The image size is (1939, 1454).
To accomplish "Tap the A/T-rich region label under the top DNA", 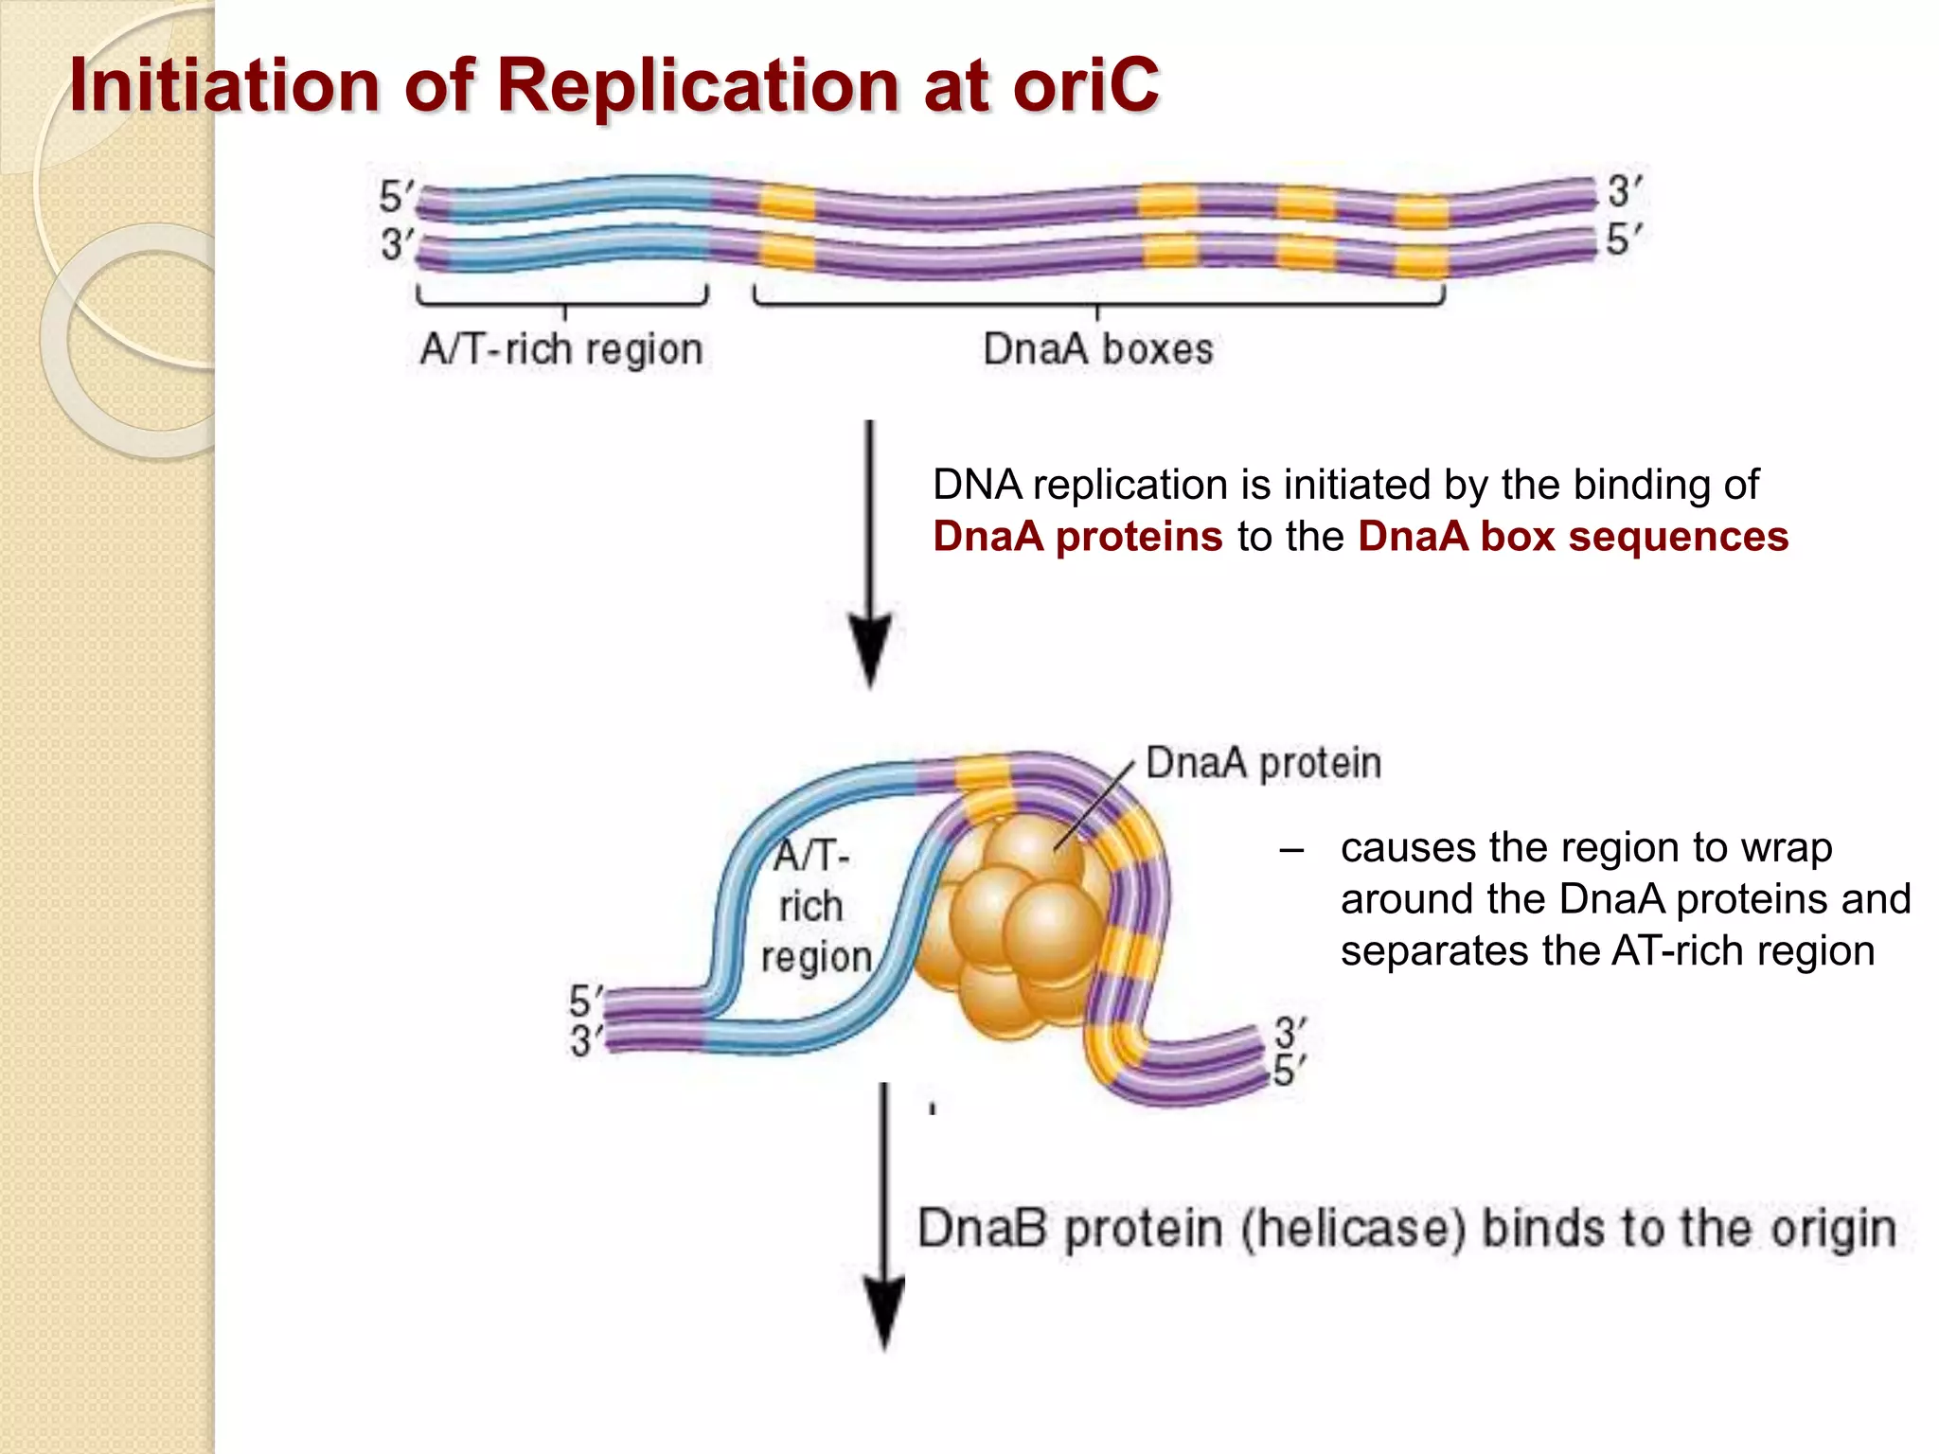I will (561, 349).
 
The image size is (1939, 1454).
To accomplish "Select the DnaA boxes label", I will (1097, 349).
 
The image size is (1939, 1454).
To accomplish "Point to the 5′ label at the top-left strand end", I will (396, 197).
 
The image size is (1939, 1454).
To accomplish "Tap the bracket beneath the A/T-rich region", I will (562, 302).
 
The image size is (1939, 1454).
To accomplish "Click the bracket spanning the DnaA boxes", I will (1098, 303).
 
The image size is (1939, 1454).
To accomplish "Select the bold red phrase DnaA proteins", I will (1077, 537).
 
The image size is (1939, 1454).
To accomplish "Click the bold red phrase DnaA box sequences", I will (1573, 537).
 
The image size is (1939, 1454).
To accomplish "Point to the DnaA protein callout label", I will (1263, 763).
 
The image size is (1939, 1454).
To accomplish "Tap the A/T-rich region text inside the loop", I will (813, 907).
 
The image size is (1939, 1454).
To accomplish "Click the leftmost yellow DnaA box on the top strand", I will (788, 203).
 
